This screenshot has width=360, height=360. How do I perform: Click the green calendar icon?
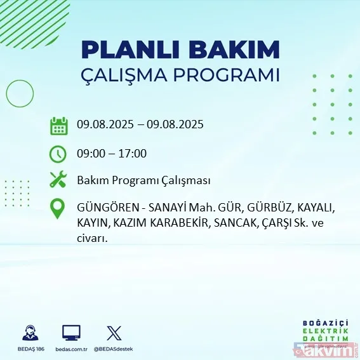59,125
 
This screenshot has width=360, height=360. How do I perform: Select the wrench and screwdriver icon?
58,180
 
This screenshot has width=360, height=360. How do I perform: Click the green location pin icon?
58,210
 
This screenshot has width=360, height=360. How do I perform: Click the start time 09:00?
91,153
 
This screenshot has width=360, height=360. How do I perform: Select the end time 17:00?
133,153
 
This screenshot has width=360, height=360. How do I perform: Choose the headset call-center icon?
28,332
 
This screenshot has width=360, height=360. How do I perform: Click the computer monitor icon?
71,332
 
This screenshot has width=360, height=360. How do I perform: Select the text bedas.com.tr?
71,349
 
